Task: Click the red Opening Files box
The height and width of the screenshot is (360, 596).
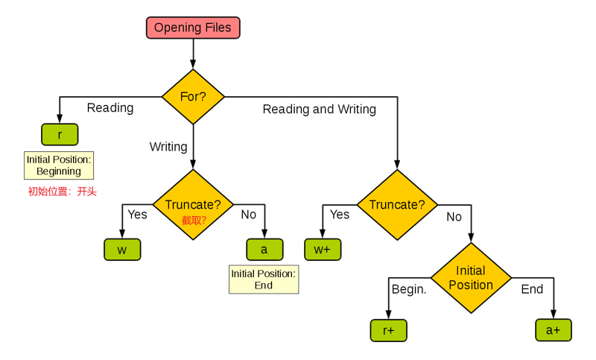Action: point(193,28)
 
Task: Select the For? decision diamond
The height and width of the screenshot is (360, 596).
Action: point(193,97)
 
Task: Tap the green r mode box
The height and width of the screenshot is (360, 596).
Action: point(60,135)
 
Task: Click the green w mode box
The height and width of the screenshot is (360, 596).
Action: point(122,250)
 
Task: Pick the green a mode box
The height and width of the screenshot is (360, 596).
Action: point(264,250)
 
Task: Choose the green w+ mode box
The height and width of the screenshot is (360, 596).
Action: point(323,250)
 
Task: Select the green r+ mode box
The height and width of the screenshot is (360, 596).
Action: point(388,330)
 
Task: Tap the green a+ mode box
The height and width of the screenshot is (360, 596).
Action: point(554,330)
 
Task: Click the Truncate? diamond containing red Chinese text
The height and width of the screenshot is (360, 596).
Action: point(193,205)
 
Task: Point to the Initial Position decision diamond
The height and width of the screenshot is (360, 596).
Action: point(471,278)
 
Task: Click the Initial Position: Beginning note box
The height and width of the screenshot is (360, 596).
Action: point(59,165)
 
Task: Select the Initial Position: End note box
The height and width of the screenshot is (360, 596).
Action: point(264,280)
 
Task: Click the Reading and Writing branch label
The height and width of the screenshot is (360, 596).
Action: point(320,109)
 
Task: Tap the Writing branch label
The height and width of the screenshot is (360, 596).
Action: point(168,147)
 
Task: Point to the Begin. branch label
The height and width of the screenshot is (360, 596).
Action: point(409,289)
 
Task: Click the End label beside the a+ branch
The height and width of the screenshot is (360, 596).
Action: point(532,289)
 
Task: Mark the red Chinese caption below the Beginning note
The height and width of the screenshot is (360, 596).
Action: point(63,192)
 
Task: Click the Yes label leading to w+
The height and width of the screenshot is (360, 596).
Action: point(340,215)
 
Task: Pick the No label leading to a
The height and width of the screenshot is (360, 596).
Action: point(249,215)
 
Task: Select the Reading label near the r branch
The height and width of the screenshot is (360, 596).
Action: point(110,108)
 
